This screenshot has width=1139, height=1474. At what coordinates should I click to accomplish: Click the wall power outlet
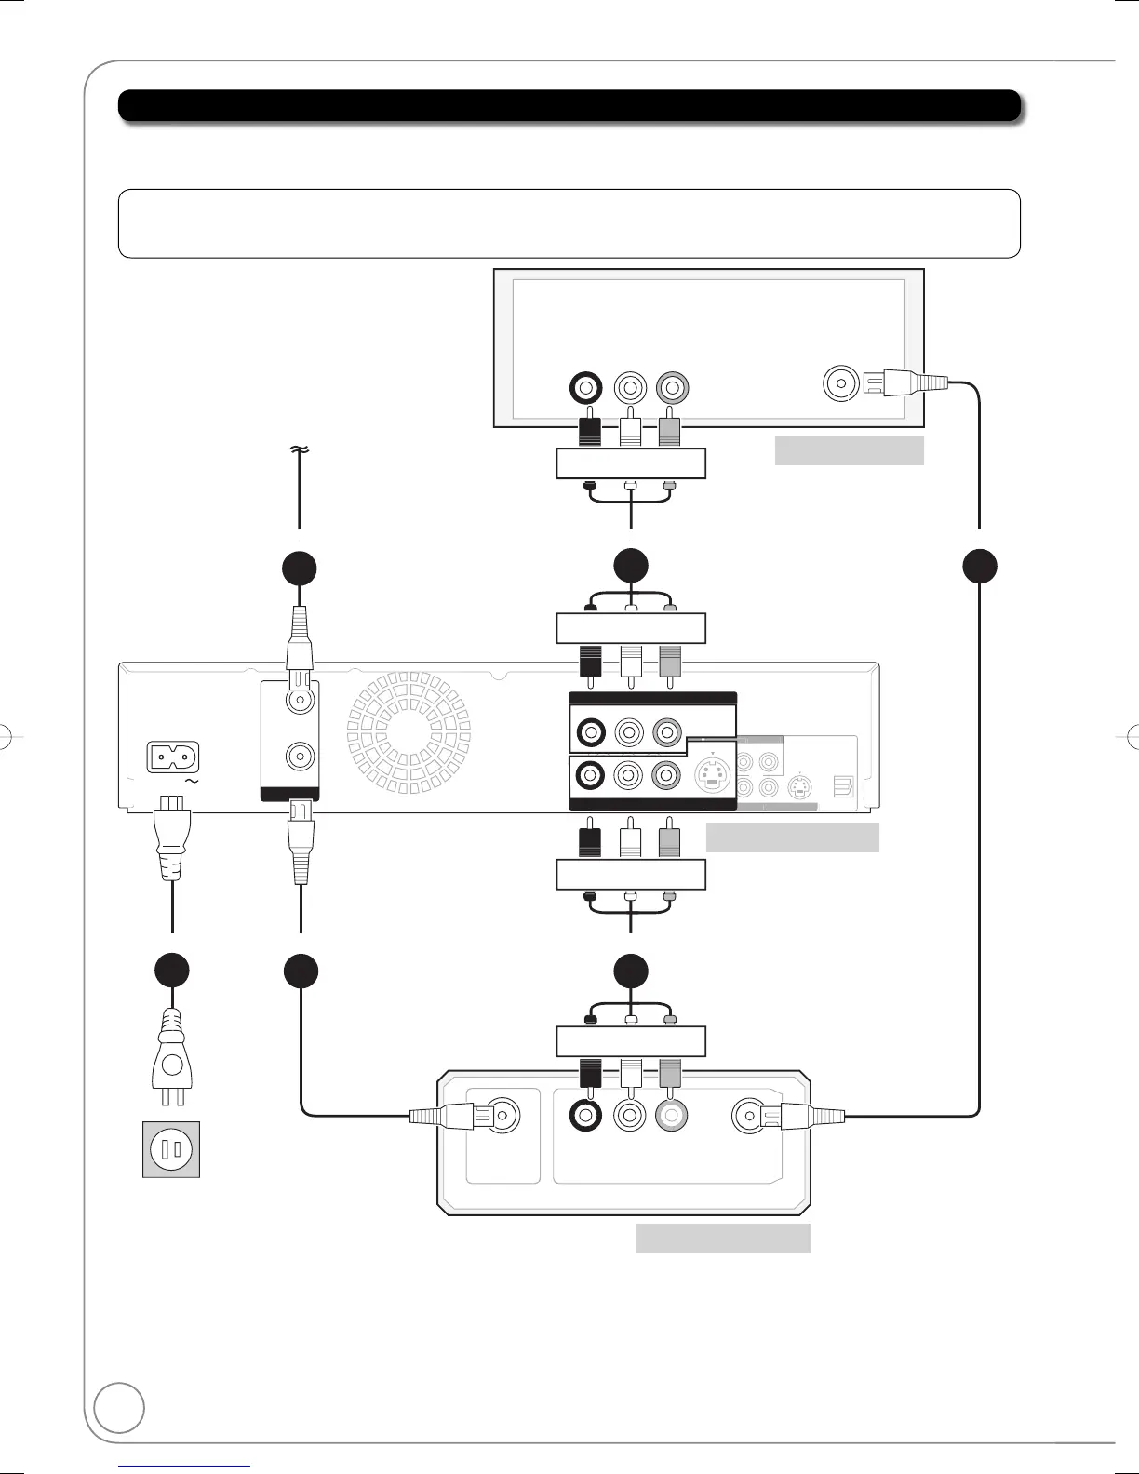pos(170,1149)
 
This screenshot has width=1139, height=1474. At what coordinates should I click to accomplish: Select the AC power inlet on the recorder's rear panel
pos(174,757)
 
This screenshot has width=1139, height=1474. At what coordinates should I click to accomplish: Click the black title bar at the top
pos(569,106)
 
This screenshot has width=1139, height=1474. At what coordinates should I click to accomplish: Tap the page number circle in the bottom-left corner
pos(119,1406)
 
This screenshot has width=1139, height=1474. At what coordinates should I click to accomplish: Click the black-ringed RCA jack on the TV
pos(588,387)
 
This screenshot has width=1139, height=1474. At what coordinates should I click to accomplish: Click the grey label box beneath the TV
pos(849,449)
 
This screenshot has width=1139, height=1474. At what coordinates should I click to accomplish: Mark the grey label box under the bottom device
pos(722,1239)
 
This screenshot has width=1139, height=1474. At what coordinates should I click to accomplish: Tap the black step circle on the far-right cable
pos(979,568)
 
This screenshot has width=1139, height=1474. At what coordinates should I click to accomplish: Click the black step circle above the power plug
pos(172,971)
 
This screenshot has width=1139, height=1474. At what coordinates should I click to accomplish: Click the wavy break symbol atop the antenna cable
pos(300,449)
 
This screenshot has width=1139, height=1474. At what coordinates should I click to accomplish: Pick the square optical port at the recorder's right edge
pos(843,788)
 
